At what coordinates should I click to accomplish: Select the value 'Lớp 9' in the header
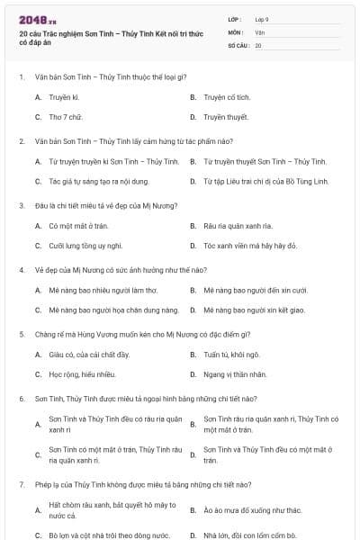(262, 19)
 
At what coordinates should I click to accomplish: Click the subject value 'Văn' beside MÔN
(259, 31)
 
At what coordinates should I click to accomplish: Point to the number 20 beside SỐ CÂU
(258, 44)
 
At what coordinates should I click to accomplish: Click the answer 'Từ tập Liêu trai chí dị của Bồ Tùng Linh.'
(265, 181)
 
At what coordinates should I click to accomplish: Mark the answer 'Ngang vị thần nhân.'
(234, 374)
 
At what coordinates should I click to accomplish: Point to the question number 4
(22, 269)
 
